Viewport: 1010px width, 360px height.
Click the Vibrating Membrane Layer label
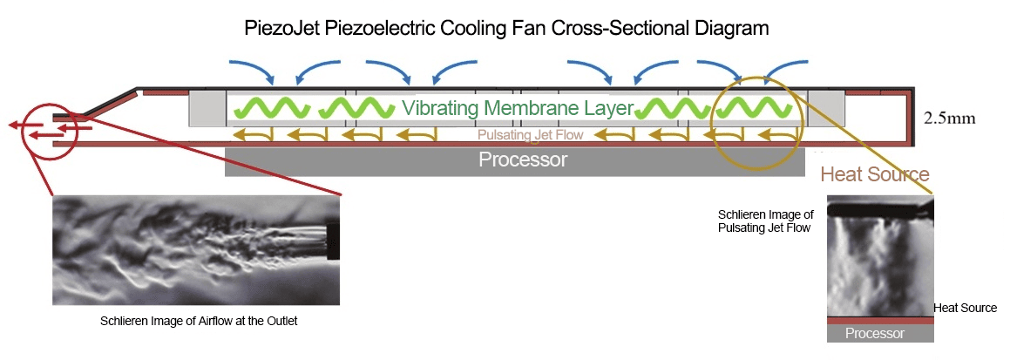click(517, 109)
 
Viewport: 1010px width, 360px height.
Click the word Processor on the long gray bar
click(523, 160)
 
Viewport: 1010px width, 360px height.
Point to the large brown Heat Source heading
click(875, 174)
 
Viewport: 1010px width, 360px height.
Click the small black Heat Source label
click(965, 308)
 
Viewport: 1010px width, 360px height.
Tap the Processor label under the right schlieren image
click(875, 334)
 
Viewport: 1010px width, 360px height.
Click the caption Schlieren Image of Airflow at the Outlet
click(199, 322)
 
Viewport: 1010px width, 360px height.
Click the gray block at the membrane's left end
click(207, 108)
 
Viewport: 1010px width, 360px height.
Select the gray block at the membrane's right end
click(826, 108)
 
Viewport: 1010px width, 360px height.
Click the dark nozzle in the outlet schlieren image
click(332, 239)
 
